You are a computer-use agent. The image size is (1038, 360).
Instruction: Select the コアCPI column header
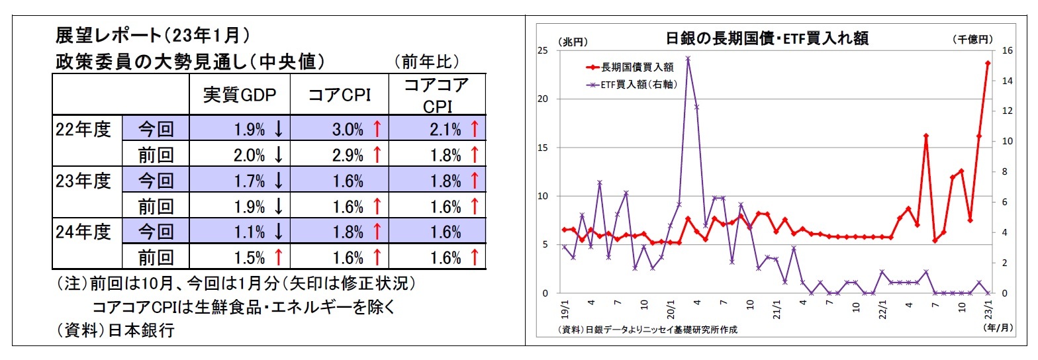click(338, 96)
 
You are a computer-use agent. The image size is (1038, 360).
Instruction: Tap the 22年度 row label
click(84, 128)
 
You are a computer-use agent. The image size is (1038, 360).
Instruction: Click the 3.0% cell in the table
click(348, 130)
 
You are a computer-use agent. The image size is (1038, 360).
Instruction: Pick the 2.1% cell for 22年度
click(445, 130)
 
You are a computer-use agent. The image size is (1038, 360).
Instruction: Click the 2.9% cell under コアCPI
click(348, 155)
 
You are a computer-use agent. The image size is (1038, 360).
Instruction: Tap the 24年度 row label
click(84, 232)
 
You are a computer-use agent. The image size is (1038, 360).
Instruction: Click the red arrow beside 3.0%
click(377, 130)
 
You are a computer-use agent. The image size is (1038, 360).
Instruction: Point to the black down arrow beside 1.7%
click(279, 181)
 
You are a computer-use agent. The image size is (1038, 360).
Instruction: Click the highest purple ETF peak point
click(688, 58)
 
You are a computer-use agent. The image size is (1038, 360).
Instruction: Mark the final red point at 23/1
click(988, 63)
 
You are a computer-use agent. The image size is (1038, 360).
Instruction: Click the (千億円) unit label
click(972, 40)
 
